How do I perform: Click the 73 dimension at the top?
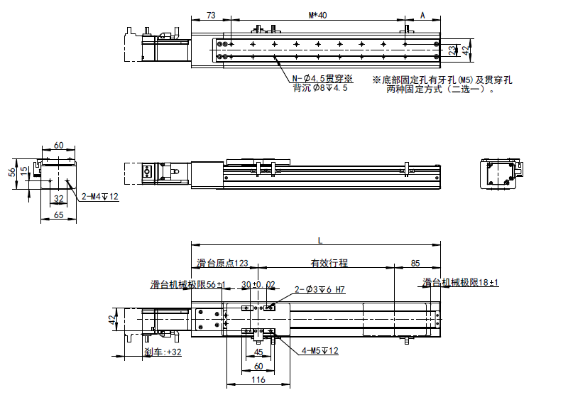point(211,15)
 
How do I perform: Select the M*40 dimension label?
point(317,15)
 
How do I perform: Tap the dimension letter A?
point(422,15)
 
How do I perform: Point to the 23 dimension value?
point(453,50)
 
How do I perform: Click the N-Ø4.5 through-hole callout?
point(322,78)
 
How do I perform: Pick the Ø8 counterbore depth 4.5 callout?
point(320,88)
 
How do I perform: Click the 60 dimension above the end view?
point(59,146)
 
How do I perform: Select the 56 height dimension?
point(12,172)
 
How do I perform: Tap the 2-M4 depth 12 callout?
point(100,197)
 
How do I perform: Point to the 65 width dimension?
point(59,215)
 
